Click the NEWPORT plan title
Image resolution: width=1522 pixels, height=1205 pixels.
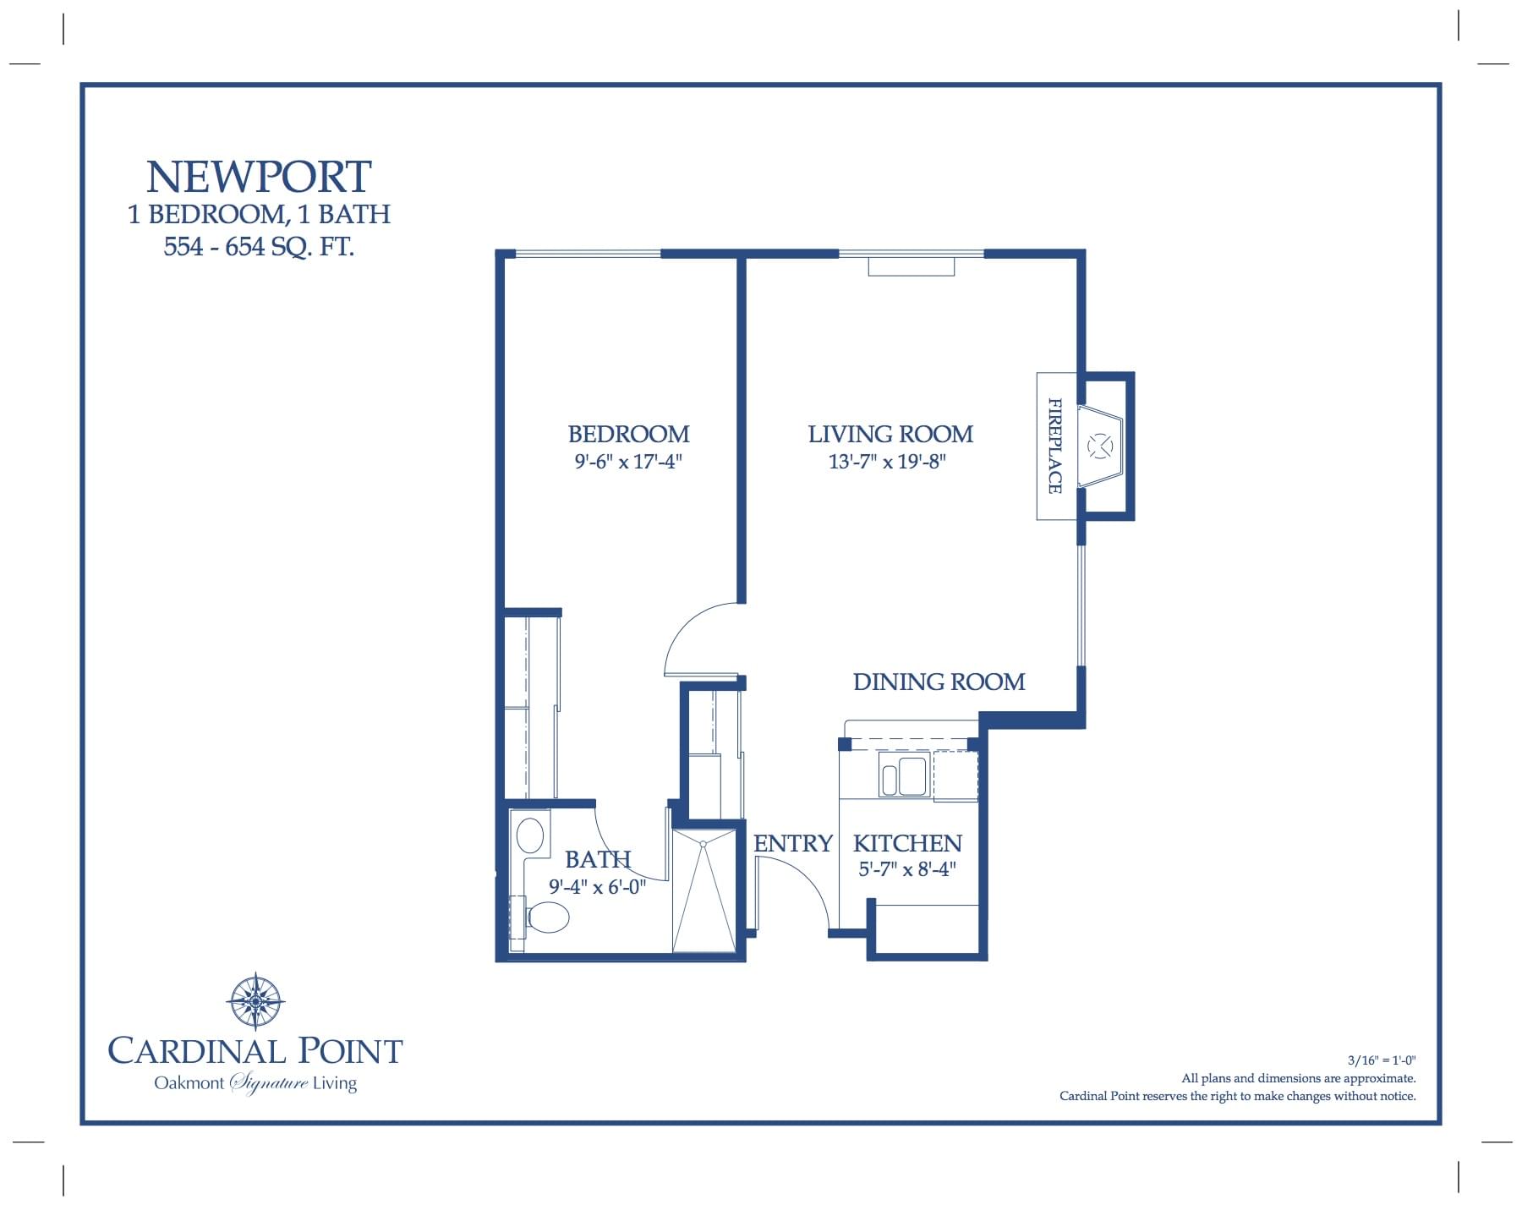259,178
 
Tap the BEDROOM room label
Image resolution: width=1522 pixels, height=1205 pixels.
628,435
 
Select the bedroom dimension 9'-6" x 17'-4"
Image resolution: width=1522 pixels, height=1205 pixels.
628,462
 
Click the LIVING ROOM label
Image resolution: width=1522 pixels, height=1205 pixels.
890,435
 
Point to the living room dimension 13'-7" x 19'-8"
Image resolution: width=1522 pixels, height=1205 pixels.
887,462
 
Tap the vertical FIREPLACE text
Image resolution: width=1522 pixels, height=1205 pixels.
1054,446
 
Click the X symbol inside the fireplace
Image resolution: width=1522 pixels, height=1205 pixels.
1099,446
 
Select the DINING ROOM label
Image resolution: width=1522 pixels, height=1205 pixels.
939,682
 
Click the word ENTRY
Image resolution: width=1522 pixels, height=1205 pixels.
792,844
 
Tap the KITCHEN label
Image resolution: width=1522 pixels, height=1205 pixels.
907,844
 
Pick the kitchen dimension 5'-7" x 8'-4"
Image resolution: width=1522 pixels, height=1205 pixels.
907,869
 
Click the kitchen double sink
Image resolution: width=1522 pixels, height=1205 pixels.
903,776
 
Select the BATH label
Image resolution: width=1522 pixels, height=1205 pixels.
598,859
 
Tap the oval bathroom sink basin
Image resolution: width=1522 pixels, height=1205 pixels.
530,834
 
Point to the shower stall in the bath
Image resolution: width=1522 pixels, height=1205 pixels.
704,892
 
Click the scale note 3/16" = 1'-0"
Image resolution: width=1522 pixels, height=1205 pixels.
1381,1060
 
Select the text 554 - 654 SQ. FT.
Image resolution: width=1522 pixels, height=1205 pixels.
259,247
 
